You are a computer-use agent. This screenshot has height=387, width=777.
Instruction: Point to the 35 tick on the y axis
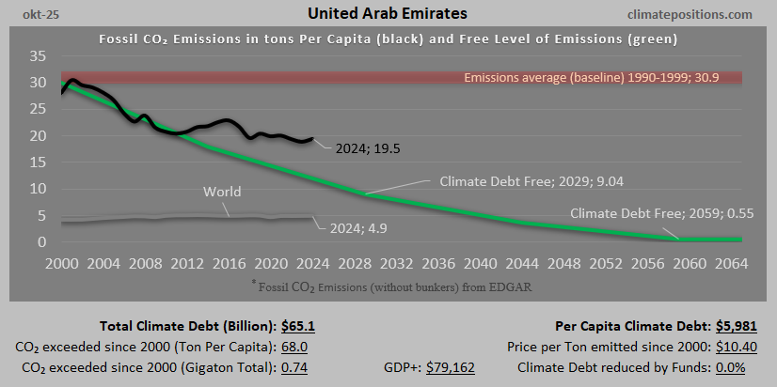(x=38, y=56)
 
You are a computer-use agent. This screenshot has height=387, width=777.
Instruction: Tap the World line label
(x=222, y=193)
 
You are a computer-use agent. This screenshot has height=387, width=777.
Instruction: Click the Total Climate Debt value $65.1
(x=298, y=327)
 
